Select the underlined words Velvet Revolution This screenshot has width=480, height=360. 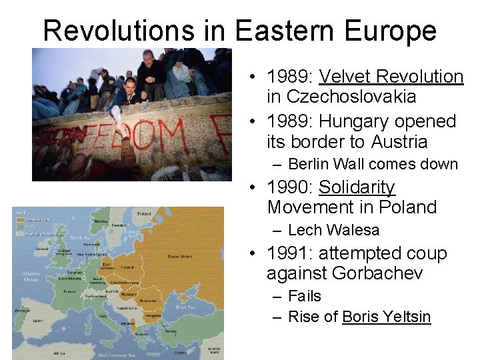(x=391, y=77)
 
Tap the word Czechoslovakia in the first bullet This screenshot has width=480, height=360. (x=341, y=97)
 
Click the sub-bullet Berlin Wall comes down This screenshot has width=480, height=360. (x=373, y=165)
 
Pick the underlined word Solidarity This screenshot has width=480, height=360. (x=357, y=187)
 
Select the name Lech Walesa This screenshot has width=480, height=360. (x=333, y=231)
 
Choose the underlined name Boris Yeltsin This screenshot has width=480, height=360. (x=386, y=317)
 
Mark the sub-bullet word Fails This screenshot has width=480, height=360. (x=304, y=296)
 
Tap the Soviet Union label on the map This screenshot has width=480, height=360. (x=180, y=257)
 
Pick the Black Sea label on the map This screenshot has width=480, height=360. (x=182, y=307)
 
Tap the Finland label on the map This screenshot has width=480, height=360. (x=143, y=214)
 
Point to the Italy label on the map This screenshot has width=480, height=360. (x=102, y=315)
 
